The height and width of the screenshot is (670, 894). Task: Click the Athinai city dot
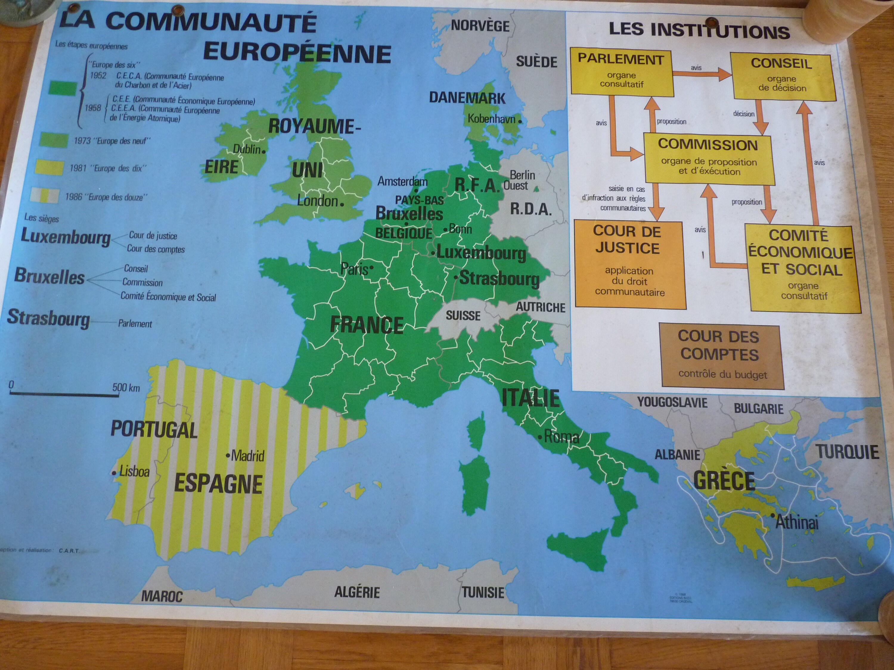point(772,516)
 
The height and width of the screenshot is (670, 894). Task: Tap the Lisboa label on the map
point(134,471)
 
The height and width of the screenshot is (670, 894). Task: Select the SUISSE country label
point(463,315)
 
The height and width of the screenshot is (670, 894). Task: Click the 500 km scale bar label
point(126,388)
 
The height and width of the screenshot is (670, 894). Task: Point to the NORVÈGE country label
point(480,26)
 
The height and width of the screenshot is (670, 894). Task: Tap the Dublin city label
point(246,149)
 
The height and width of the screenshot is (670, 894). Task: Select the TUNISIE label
point(483,593)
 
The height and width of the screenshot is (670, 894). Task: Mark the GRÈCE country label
point(724,480)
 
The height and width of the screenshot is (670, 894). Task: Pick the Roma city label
point(561,437)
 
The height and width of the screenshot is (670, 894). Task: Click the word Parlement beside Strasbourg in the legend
point(135,323)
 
